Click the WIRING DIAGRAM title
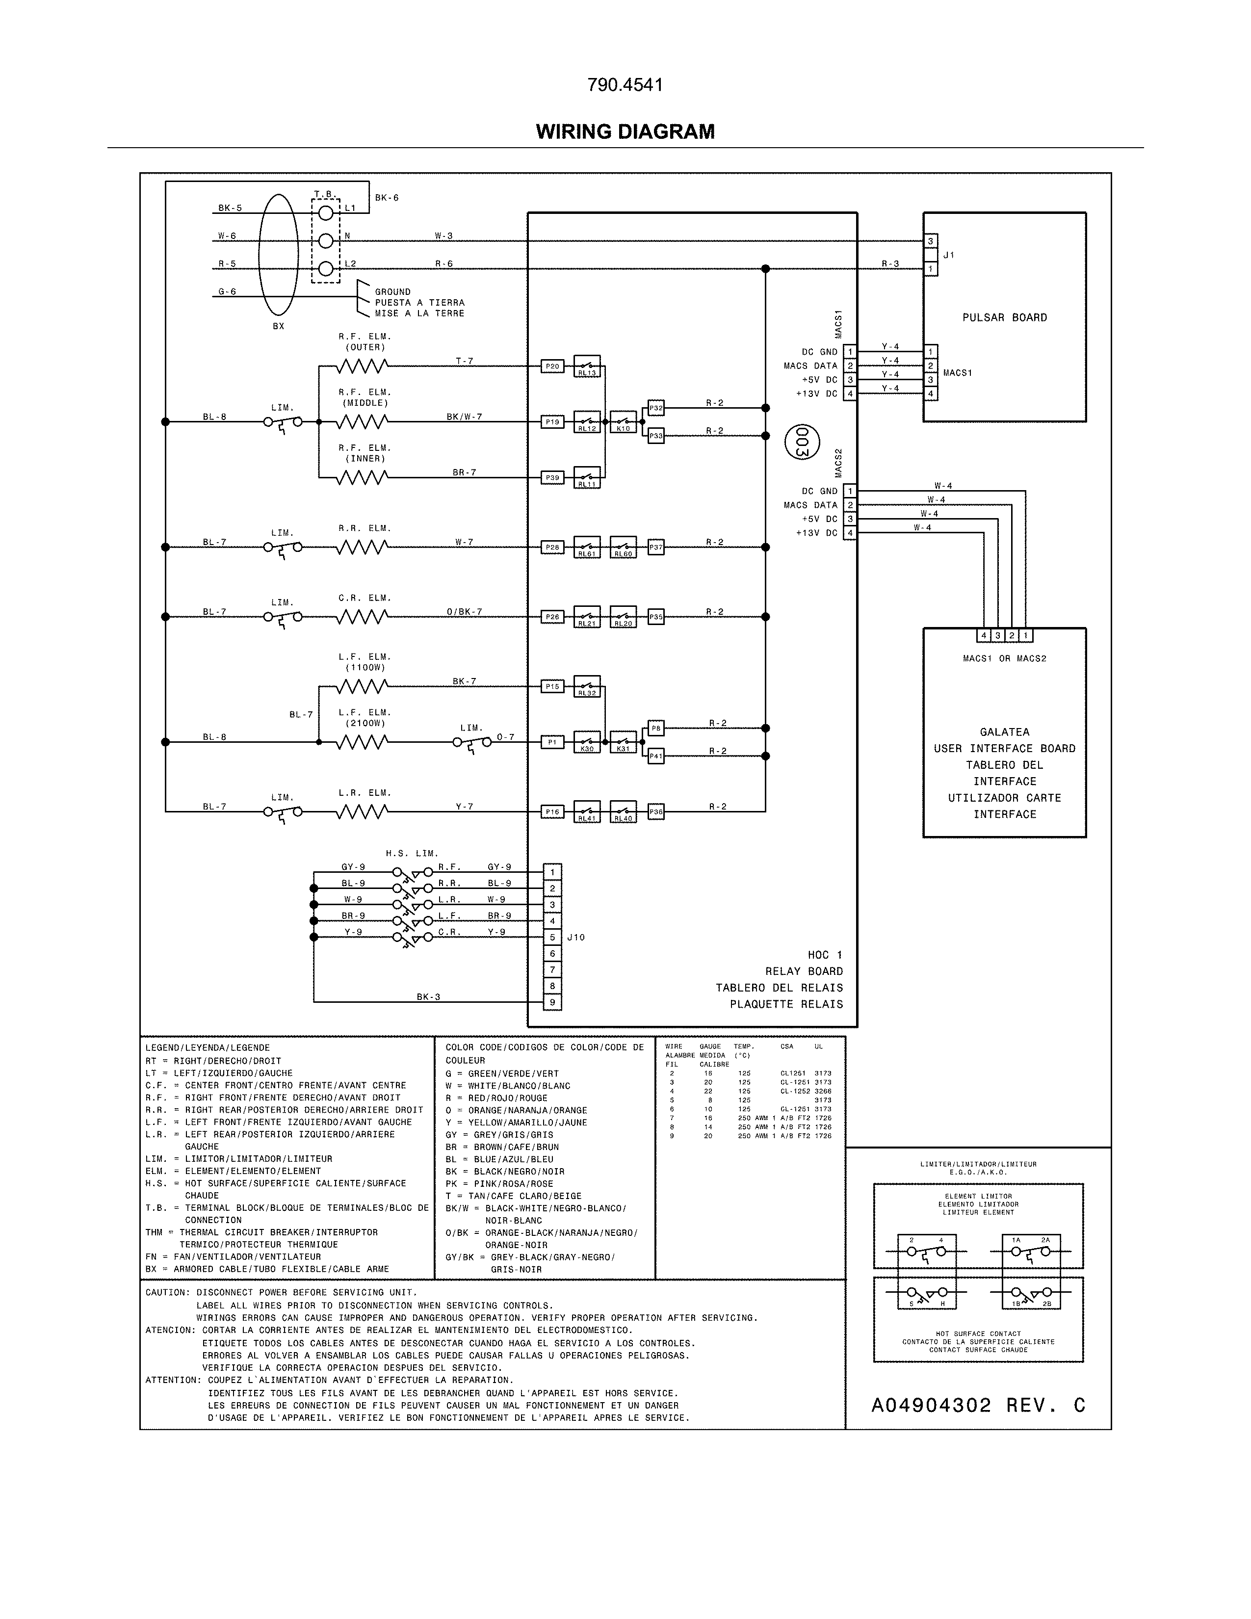625,132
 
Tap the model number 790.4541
625,85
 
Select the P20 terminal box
552,366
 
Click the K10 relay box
623,422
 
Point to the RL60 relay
623,547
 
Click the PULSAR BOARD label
1004,318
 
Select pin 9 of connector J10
552,1002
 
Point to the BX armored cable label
278,326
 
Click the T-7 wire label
464,361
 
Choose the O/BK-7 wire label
464,612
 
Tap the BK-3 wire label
428,997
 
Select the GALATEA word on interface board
1004,731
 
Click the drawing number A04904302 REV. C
978,1406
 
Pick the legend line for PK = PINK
499,1184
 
